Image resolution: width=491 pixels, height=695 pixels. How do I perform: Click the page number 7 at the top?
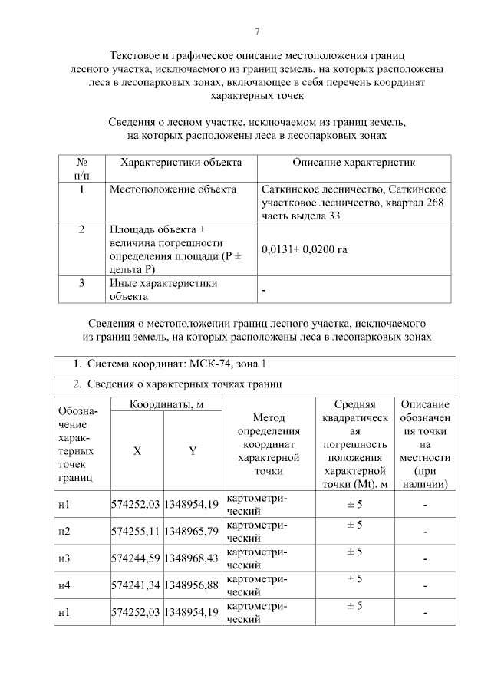(257, 31)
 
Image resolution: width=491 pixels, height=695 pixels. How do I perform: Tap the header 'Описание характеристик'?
(353, 163)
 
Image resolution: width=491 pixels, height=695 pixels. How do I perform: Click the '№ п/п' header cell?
(81, 169)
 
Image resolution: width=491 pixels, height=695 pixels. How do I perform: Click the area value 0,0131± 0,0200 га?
(304, 249)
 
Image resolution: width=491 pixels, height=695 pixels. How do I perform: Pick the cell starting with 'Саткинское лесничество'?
(353, 202)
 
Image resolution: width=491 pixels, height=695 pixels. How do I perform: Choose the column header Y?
(193, 451)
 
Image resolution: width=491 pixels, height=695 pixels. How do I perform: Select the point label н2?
(64, 531)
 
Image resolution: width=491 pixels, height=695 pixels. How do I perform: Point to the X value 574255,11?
(136, 531)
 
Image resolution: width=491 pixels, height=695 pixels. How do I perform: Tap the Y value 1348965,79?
(193, 531)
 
